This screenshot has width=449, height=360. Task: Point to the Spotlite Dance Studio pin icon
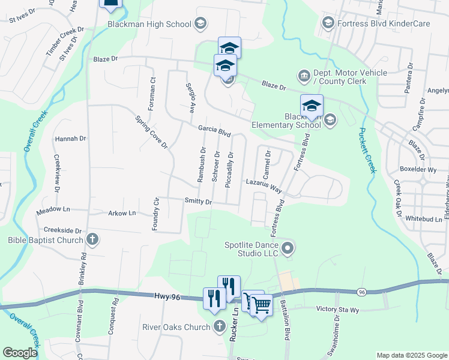[289, 247]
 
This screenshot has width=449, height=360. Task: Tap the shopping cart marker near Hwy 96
[262, 305]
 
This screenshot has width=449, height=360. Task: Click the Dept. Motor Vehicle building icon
[304, 76]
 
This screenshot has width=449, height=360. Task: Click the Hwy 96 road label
[167, 296]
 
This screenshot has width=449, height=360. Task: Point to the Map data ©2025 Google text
[411, 355]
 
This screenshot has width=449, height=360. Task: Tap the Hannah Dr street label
[70, 139]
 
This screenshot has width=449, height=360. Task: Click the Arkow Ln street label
[122, 213]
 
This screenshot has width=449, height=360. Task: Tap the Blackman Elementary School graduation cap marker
[312, 106]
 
